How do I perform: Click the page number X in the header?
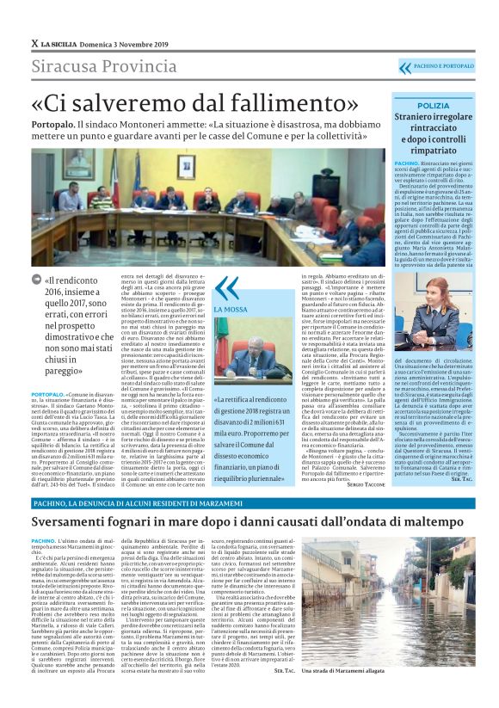[x=34, y=43]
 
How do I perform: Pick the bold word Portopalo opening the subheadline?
[x=53, y=126]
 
